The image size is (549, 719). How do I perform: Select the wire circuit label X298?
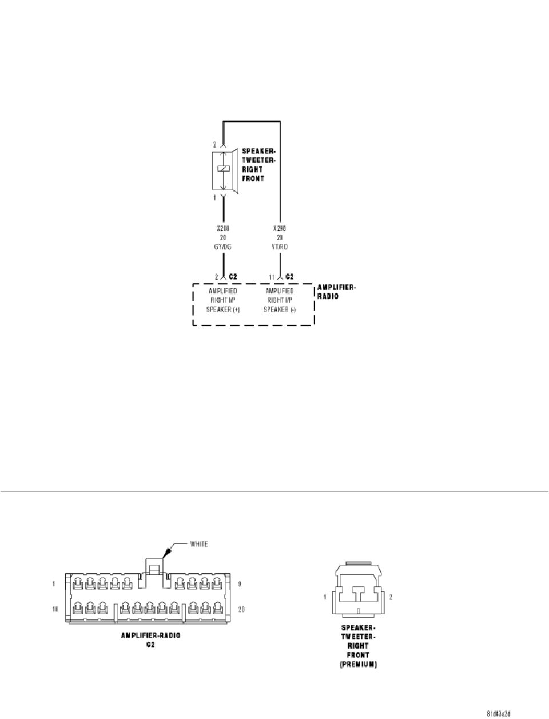tap(280, 228)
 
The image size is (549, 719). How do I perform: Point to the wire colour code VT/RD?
tap(280, 247)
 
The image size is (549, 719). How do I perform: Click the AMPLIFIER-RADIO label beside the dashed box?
tap(336, 292)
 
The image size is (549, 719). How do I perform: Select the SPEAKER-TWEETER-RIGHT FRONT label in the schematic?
tap(258, 165)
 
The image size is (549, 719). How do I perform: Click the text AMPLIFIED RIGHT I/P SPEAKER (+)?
tap(222, 300)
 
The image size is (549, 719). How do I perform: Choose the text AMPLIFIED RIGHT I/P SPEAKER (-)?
tap(280, 300)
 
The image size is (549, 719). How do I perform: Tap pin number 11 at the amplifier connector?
tap(273, 277)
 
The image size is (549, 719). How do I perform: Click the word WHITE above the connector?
tap(199, 544)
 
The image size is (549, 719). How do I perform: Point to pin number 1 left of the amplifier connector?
tap(53, 584)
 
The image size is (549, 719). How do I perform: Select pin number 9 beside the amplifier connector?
tap(241, 584)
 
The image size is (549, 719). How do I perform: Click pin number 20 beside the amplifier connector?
tap(241, 610)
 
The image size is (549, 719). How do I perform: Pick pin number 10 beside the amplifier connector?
tap(55, 610)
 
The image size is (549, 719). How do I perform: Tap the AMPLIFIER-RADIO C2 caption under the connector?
tap(150, 639)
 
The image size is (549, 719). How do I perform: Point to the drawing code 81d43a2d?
tap(498, 714)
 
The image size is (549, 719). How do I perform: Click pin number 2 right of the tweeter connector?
tap(391, 597)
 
